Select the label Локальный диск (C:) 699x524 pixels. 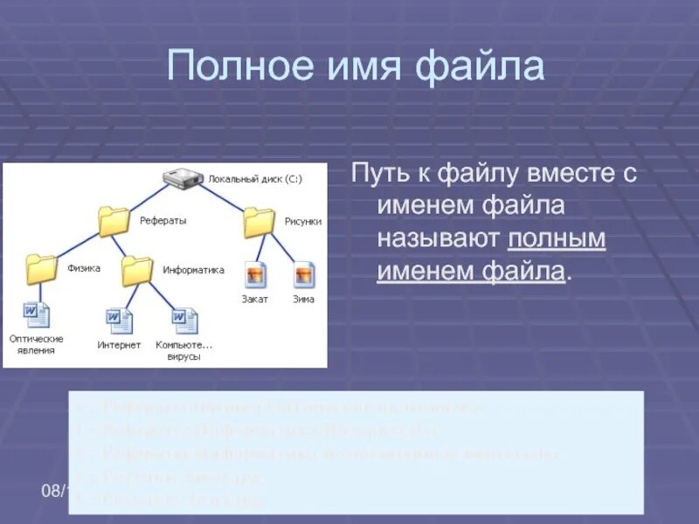pos(254,179)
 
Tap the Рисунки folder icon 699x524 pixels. pos(260,222)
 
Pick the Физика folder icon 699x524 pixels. pos(42,269)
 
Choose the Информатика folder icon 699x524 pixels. pos(137,270)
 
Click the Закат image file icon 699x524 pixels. pos(255,275)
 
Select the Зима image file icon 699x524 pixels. pos(304,275)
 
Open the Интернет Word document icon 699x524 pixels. pos(120,321)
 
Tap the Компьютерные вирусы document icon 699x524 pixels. pos(183,321)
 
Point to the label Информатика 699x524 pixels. pos(193,270)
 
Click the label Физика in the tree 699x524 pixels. pos(84,268)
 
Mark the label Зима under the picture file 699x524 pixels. pos(304,299)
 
